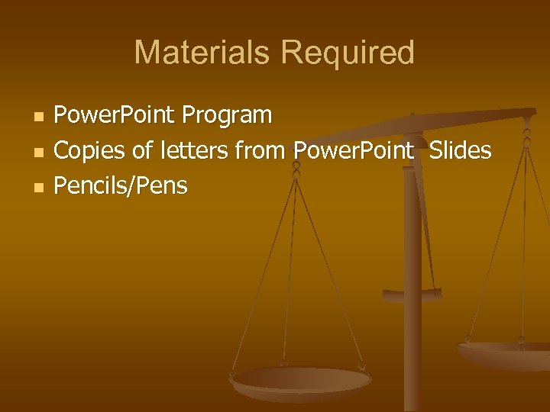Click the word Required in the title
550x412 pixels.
[x=348, y=53]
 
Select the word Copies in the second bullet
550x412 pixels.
[x=90, y=150]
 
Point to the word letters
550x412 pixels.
[x=192, y=150]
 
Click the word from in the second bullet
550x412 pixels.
[x=260, y=150]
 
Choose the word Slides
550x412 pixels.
[x=460, y=150]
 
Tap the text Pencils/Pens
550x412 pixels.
[x=121, y=185]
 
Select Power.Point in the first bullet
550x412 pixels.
[x=115, y=115]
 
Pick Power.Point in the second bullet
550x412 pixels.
[x=353, y=150]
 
